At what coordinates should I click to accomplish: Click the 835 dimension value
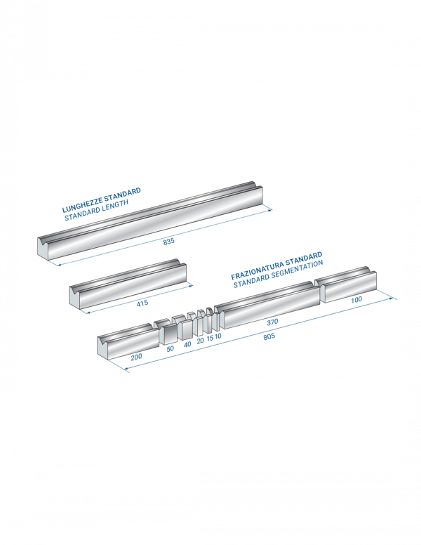click(x=169, y=241)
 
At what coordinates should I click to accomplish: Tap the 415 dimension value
click(x=142, y=303)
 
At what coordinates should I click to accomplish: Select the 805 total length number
click(x=269, y=336)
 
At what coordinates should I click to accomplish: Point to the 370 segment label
click(x=272, y=322)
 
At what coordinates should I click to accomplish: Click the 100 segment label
click(x=356, y=299)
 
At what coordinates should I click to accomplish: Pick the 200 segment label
click(x=137, y=357)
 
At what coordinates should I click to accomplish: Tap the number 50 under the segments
click(x=171, y=348)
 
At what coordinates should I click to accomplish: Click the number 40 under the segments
click(x=187, y=344)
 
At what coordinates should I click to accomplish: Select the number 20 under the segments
click(x=201, y=341)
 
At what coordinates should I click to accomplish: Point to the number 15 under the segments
click(x=210, y=339)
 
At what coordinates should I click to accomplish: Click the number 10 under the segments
click(x=218, y=336)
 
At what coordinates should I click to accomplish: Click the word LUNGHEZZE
click(x=82, y=204)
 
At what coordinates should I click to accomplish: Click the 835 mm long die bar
click(x=150, y=221)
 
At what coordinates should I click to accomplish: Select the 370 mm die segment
click(x=267, y=306)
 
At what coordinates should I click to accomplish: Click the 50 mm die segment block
click(x=166, y=332)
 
